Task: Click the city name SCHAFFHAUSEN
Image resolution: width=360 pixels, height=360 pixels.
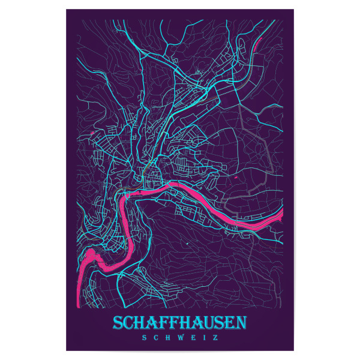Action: (179, 323)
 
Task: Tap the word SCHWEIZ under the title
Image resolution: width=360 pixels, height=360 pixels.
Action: (179, 337)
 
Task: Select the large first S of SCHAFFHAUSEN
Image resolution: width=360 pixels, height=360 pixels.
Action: (118, 323)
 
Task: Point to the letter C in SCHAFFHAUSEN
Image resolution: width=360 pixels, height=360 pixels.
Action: (130, 324)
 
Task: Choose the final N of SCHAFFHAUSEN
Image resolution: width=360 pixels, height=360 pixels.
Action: (241, 324)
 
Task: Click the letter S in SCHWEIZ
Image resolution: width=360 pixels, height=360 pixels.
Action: (143, 337)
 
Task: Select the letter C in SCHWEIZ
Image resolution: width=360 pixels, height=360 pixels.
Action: (155, 337)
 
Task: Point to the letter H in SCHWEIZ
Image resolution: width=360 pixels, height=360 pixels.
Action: (167, 337)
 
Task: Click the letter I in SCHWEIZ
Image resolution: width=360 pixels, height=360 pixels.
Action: (204, 337)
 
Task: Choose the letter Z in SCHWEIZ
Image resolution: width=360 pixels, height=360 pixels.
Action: (216, 337)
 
